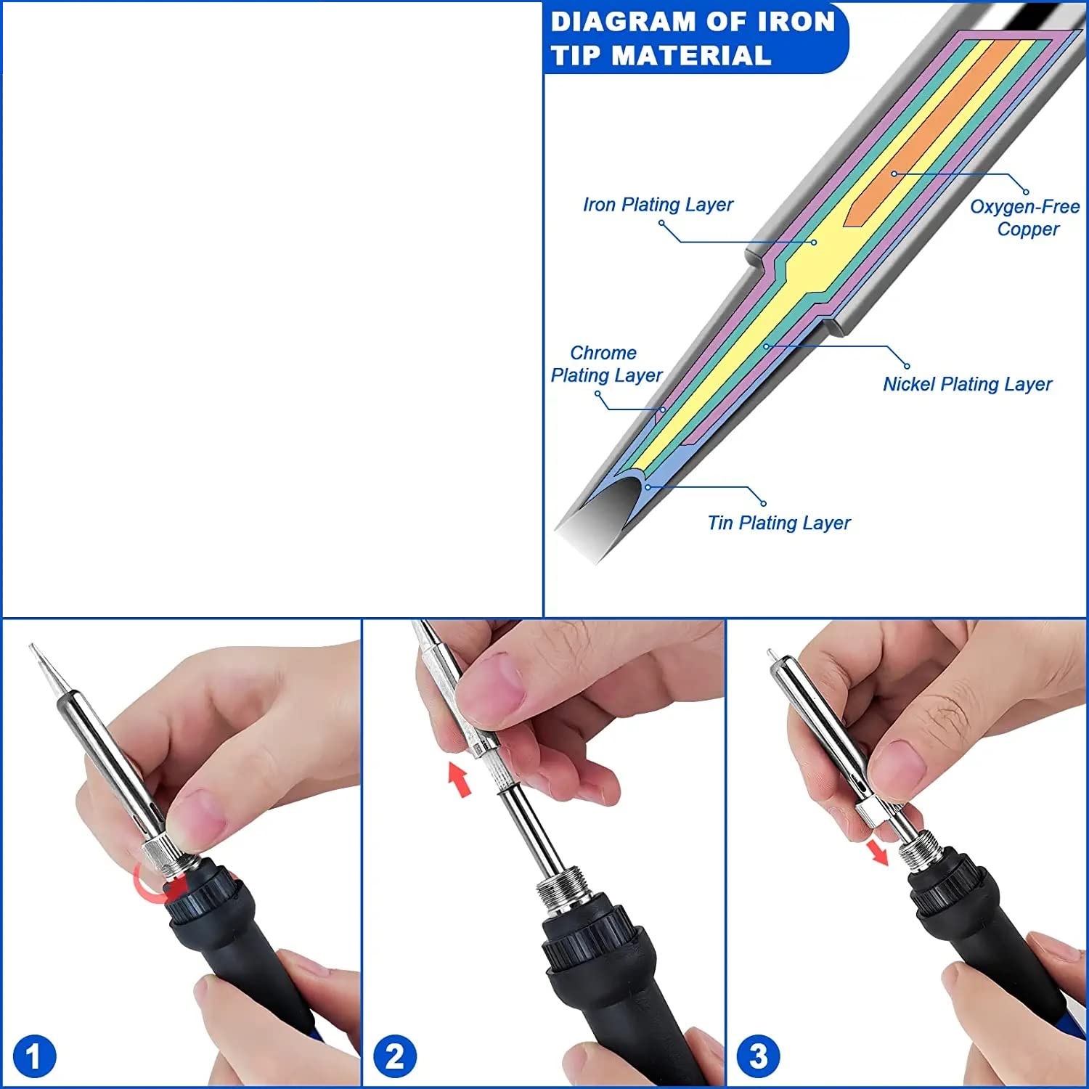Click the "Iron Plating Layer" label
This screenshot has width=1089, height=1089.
658,205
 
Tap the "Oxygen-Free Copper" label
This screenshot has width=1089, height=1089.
1025,218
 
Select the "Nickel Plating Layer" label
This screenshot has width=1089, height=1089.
967,384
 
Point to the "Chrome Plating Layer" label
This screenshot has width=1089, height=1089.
606,364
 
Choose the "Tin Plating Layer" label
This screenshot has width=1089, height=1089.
779,523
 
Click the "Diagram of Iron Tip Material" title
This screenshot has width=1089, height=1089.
693,38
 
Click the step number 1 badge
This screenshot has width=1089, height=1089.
33,1056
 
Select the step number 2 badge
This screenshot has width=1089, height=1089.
394,1056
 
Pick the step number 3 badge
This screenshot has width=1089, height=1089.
758,1056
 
